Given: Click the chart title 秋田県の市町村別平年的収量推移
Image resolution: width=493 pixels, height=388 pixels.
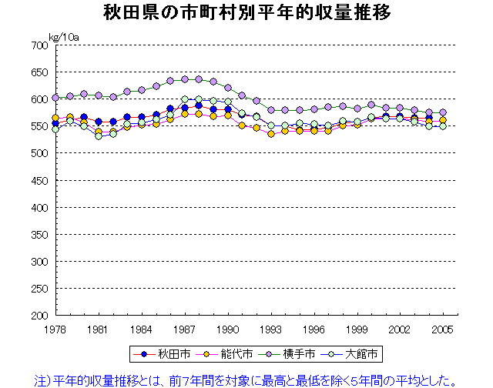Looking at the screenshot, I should (246, 13).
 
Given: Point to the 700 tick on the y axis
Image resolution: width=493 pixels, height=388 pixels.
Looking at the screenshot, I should (39, 45).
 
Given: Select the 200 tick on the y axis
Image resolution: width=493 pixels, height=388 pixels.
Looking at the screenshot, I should (39, 316).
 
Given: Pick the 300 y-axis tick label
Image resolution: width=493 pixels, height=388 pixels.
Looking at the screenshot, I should (39, 262).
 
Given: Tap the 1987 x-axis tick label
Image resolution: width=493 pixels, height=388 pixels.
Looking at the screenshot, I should (185, 329).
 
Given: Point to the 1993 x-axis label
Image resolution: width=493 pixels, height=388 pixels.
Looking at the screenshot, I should (271, 329).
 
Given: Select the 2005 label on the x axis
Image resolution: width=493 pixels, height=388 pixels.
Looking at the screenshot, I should (443, 329).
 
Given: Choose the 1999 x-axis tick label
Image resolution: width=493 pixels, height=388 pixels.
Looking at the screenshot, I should (357, 329).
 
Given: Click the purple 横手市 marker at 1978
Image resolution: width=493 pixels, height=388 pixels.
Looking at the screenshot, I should (55, 98).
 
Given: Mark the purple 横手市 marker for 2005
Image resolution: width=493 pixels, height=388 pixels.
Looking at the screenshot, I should (443, 112).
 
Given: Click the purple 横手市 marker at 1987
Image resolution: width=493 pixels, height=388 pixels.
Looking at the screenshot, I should (185, 79).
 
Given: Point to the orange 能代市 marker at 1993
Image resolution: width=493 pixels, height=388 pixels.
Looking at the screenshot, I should (271, 134).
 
